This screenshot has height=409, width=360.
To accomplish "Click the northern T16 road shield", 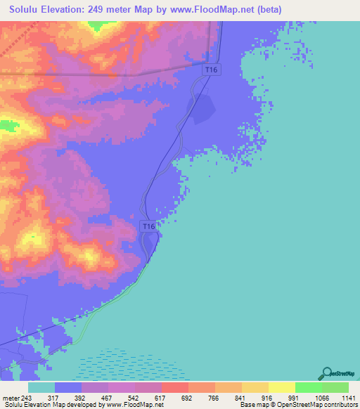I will pos(212,70).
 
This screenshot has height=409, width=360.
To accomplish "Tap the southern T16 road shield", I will pos(147,226).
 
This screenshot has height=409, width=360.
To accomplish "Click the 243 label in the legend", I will pos(27,397).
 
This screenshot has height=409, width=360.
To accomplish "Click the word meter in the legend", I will pos(10,397).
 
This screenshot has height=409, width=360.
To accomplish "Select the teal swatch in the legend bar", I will pos(41,387).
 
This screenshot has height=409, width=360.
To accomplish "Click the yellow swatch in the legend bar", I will pos(282,387).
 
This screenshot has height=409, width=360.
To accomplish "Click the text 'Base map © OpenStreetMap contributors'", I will pos(297,405).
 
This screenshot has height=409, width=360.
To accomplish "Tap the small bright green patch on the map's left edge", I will pos(8,126).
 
